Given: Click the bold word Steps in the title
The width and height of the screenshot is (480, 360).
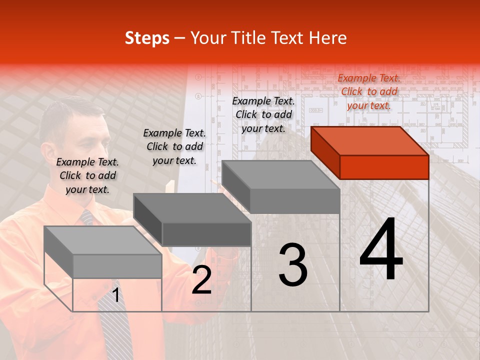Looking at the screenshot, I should point(147,38).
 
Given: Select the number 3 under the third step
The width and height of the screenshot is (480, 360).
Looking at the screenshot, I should point(292,264).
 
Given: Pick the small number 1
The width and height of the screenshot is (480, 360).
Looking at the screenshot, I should point(116,295).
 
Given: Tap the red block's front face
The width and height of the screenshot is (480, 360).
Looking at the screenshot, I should point(384,167).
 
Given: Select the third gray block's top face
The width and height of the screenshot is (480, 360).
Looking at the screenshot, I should point(280,175).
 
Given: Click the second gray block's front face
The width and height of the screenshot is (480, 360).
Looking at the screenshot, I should point(206,234).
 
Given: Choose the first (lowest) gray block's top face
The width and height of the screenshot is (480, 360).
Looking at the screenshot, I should point(102,240).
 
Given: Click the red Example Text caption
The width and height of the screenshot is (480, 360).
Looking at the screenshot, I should point(369,91).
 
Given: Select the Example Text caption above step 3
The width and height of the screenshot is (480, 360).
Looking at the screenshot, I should point(263,114).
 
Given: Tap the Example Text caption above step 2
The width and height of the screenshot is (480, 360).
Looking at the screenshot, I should point(174,146).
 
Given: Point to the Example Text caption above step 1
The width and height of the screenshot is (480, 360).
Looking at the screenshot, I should point(87,175).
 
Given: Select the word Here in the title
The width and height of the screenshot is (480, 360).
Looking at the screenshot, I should point(327,38).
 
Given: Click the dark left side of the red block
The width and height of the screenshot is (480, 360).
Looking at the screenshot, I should point(325,152).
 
